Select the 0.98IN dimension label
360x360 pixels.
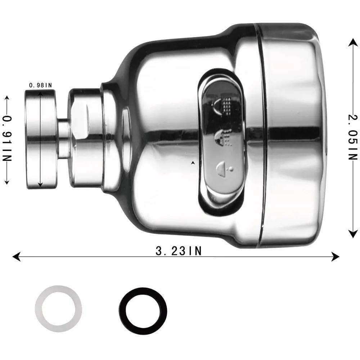coord(41,85)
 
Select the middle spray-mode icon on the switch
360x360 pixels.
coord(223,139)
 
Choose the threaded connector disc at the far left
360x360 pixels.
coord(40,139)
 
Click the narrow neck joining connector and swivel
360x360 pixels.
coord(64,139)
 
